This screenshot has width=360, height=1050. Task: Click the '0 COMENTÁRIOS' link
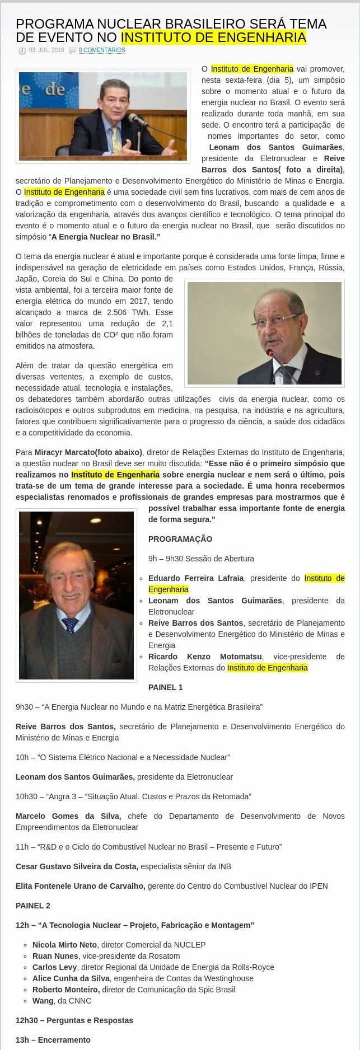[102, 50]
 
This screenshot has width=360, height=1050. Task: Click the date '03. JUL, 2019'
[46, 50]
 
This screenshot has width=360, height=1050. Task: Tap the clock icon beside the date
[22, 50]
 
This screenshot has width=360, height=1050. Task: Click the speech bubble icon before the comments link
[72, 50]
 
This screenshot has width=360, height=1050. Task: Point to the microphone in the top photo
[136, 119]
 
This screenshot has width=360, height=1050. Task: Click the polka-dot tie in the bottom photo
[70, 624]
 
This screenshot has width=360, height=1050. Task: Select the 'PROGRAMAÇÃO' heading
[180, 539]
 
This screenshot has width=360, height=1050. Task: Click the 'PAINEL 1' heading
[166, 687]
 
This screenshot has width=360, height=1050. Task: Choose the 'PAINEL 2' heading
[33, 906]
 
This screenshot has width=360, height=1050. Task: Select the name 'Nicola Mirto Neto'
[64, 945]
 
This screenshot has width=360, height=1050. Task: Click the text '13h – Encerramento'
[53, 1040]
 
